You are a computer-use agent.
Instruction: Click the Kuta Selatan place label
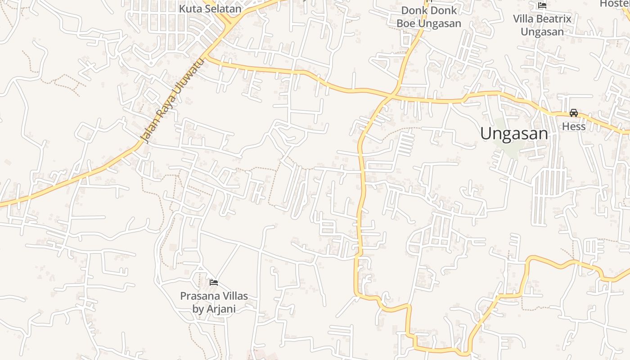[210, 9]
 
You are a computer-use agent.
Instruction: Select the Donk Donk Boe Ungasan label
[428, 17]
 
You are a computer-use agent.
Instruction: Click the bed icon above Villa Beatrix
[542, 5]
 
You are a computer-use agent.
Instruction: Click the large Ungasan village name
[514, 134]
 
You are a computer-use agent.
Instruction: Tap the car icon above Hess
[574, 112]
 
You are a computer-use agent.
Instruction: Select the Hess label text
[574, 126]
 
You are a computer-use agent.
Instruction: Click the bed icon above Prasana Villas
[214, 282]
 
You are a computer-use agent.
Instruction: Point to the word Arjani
[220, 309]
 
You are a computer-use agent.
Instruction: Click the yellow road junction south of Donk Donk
[393, 95]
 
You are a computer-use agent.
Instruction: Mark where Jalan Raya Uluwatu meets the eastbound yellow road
[207, 57]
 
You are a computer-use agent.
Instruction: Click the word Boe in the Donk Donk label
[406, 23]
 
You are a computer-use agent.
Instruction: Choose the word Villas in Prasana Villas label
[234, 296]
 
